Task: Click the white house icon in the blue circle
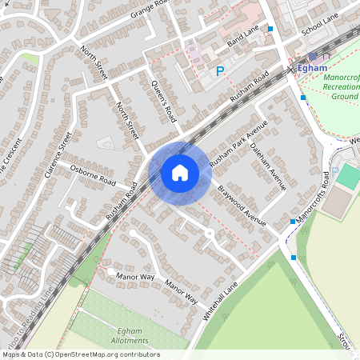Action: (179, 172)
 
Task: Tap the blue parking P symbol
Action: (220, 72)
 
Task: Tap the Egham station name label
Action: (314, 69)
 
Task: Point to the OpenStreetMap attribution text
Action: (80, 354)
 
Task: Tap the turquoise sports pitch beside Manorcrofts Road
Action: (348, 177)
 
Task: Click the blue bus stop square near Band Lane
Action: (270, 29)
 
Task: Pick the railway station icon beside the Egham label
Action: (312, 57)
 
